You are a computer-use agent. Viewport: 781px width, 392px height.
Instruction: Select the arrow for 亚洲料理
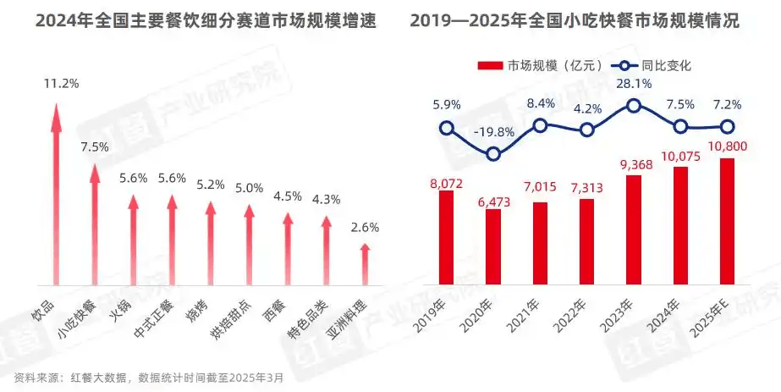[x=365, y=264]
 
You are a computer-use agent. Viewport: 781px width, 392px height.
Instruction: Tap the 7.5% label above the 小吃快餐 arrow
[x=95, y=146]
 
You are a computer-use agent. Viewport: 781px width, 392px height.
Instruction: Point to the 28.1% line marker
[x=633, y=106]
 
